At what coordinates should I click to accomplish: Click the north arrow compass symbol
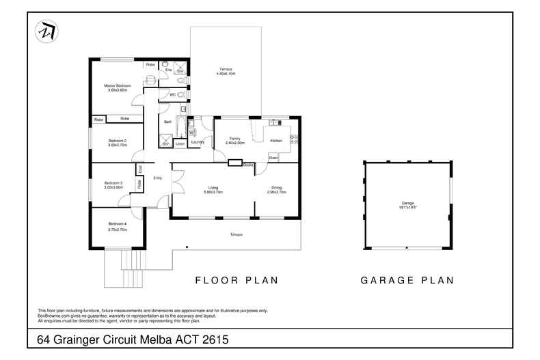pyautogui.click(x=46, y=31)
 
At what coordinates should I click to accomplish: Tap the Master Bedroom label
pyautogui.click(x=117, y=85)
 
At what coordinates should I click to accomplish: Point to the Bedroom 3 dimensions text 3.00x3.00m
pyautogui.click(x=113, y=187)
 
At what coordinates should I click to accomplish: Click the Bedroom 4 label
pyautogui.click(x=117, y=224)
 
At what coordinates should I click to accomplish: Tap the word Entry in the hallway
pyautogui.click(x=157, y=178)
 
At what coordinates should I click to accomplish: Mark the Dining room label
pyautogui.click(x=276, y=188)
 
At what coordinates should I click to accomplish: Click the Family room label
pyautogui.click(x=234, y=138)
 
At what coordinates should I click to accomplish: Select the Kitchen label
pyautogui.click(x=275, y=140)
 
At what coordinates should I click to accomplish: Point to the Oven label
pyautogui.click(x=273, y=158)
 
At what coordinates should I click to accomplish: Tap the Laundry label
pyautogui.click(x=198, y=142)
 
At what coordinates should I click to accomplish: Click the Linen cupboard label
pyautogui.click(x=180, y=143)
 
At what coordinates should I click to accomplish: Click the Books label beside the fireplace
pyautogui.click(x=248, y=165)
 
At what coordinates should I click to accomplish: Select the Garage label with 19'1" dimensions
pyautogui.click(x=408, y=203)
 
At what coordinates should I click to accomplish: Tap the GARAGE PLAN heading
pyautogui.click(x=407, y=279)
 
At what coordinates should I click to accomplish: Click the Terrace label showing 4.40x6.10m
pyautogui.click(x=226, y=69)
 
